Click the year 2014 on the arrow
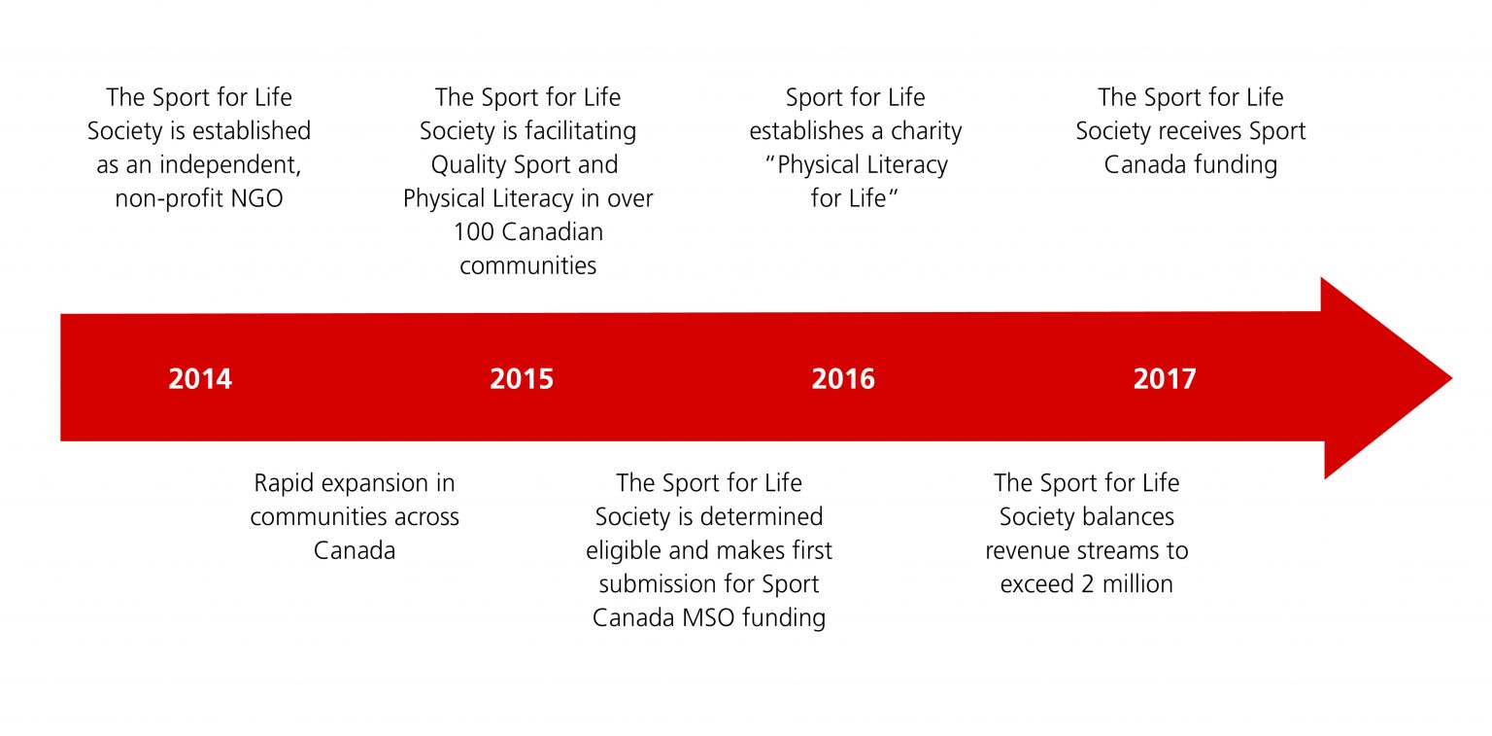coord(200,378)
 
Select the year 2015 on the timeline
coord(522,378)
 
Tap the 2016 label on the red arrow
coord(843,378)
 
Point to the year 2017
coord(1165,378)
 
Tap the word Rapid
coord(287,483)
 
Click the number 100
coord(473,232)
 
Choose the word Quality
coord(469,164)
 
